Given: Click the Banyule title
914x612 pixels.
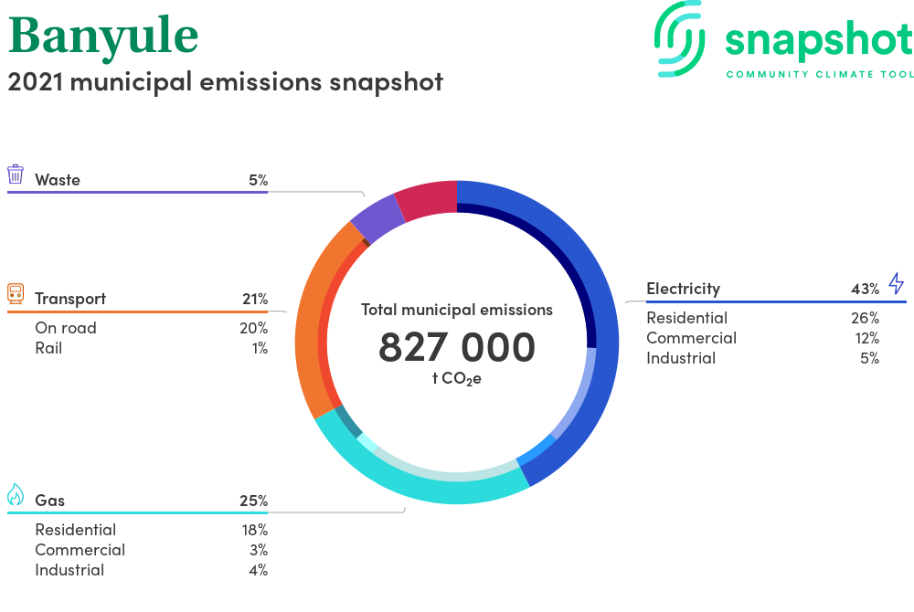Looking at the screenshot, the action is [x=103, y=37].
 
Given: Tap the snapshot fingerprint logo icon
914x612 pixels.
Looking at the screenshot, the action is [x=679, y=38].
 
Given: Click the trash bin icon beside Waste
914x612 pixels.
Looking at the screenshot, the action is [x=16, y=174].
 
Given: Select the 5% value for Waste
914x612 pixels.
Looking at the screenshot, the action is [x=259, y=180].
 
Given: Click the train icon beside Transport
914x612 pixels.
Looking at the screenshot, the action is [x=16, y=293].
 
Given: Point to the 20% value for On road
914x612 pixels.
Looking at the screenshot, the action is [x=253, y=328].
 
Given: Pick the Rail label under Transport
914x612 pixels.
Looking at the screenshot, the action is [x=48, y=348].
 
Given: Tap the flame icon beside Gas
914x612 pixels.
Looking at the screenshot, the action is [x=16, y=494].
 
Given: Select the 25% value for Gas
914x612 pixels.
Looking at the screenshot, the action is [x=253, y=501].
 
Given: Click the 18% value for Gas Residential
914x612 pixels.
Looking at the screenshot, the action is [x=255, y=530].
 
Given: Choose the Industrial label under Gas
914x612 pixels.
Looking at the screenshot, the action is [x=69, y=570].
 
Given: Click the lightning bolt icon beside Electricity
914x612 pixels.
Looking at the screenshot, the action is [x=897, y=283].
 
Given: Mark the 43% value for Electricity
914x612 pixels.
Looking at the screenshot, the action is [x=865, y=289].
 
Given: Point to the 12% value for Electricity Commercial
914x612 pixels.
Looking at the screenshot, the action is [x=866, y=338].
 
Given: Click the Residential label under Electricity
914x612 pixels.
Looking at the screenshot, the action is [x=686, y=318].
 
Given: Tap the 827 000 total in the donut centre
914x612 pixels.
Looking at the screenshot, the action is [x=457, y=347].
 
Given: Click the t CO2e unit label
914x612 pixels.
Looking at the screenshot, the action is [x=457, y=379].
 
